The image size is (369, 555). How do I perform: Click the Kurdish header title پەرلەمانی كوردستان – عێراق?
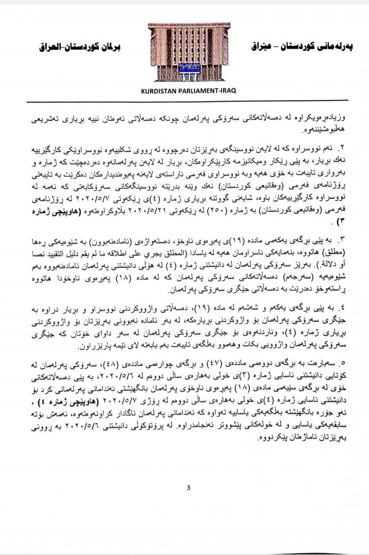pyautogui.click(x=301, y=47)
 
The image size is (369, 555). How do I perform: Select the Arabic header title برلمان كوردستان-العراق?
pyautogui.click(x=79, y=47)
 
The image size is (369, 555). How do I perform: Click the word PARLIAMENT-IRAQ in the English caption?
pyautogui.click(x=210, y=91)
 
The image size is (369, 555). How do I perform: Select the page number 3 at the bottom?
pyautogui.click(x=188, y=488)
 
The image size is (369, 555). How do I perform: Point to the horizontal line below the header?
pyautogui.click(x=189, y=102)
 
